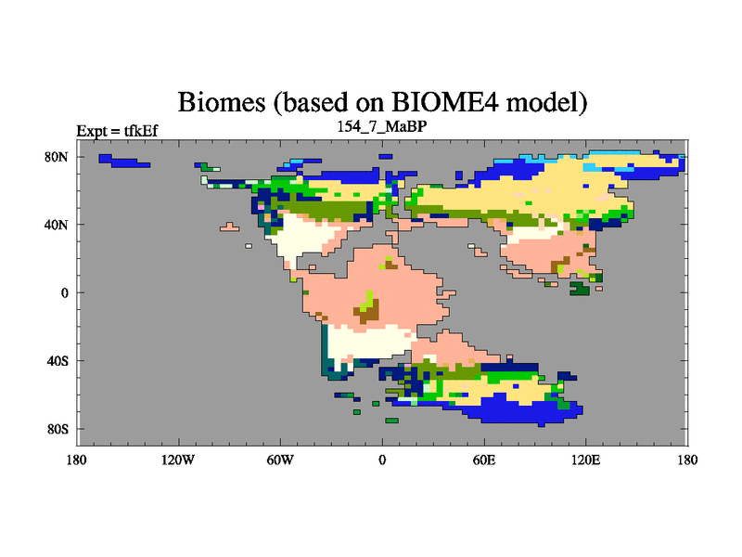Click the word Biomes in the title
222,102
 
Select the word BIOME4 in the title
445,102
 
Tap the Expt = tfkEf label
117,131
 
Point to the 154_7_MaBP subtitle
382,126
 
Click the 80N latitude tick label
57,157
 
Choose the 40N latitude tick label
57,225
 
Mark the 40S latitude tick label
58,361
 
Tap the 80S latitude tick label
58,429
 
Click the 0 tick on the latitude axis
64,292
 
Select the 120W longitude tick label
178,460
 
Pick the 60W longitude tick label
280,460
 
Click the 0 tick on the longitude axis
382,460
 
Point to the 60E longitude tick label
484,460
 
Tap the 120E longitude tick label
586,460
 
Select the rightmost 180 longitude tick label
687,460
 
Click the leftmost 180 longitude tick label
77,460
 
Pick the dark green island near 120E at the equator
581,288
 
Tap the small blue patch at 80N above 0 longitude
386,156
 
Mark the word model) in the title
546,102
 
